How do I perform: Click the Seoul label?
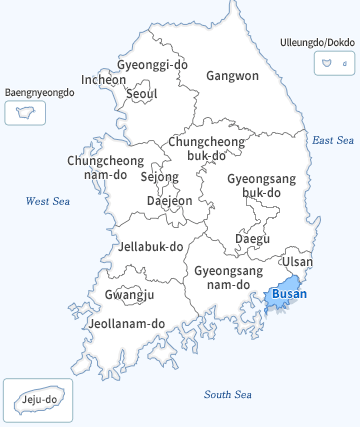[x=142, y=94]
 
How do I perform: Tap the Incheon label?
[x=104, y=80]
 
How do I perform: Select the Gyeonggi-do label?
[x=152, y=65]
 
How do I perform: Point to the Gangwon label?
[x=232, y=75]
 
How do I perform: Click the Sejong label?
[x=159, y=177]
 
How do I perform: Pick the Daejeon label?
[x=169, y=200]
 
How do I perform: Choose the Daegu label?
[x=252, y=239]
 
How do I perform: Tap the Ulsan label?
[x=297, y=262]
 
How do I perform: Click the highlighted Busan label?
[x=289, y=294]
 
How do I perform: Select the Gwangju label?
[x=129, y=295]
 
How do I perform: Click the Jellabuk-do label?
[x=151, y=246]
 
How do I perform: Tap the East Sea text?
[x=333, y=140]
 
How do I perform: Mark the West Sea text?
[x=46, y=201]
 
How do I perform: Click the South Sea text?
[x=227, y=395]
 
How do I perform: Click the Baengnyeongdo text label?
[x=40, y=92]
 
